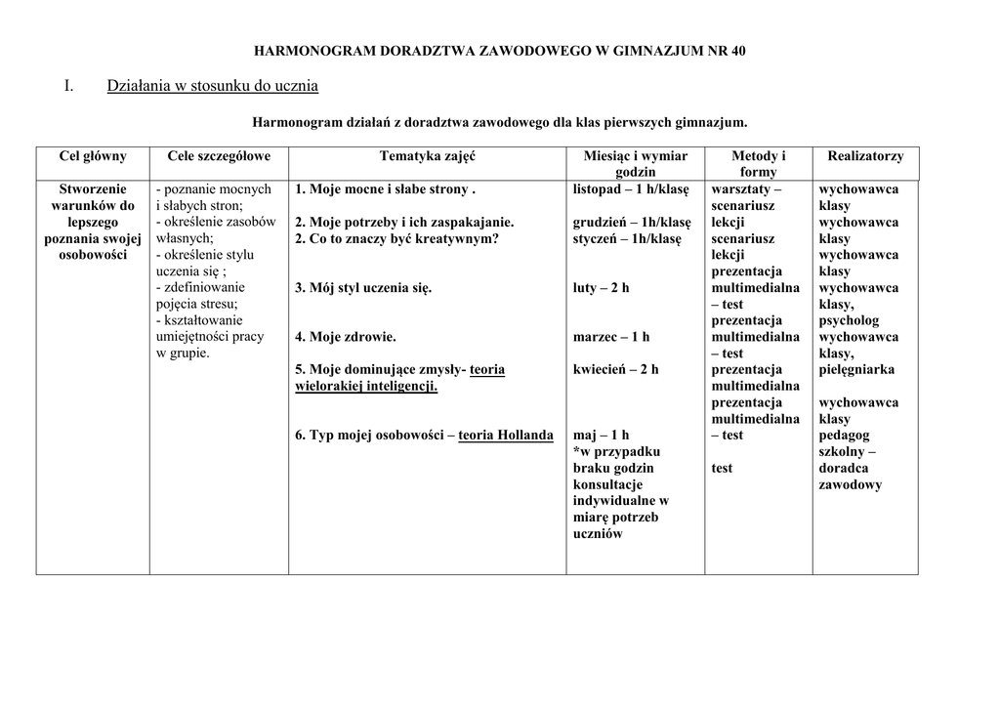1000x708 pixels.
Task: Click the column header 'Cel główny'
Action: click(93, 156)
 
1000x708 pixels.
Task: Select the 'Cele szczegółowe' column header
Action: click(219, 156)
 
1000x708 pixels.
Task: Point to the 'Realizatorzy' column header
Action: click(865, 156)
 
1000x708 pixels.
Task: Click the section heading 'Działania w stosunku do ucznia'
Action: click(212, 87)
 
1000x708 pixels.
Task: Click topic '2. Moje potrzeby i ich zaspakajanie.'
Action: click(404, 223)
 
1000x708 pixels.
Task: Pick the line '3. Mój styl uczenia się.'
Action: click(363, 288)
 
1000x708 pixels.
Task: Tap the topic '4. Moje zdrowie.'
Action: click(346, 337)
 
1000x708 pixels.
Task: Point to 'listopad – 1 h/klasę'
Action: click(631, 189)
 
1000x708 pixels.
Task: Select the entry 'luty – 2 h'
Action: click(601, 288)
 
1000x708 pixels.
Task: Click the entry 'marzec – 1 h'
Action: click(610, 337)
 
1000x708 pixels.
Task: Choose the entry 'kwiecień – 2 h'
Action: click(615, 370)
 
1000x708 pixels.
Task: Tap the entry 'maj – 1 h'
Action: click(601, 436)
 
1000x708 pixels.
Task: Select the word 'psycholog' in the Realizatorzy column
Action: click(849, 320)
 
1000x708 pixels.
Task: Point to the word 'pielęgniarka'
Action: click(856, 370)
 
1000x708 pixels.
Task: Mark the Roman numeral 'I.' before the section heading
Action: click(69, 87)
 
